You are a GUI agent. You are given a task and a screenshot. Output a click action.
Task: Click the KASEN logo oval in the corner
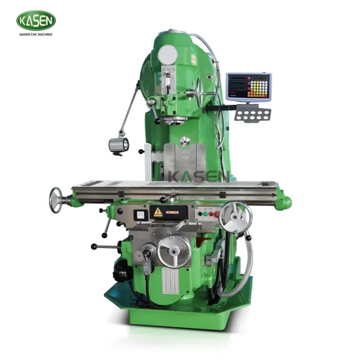point(36,20)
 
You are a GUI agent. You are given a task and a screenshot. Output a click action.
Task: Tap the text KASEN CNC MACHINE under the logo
point(36,34)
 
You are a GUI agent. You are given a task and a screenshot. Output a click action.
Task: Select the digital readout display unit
point(248,86)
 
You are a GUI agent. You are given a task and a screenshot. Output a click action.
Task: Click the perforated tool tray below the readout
point(252,114)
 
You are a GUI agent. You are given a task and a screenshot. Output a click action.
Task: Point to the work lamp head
point(118,145)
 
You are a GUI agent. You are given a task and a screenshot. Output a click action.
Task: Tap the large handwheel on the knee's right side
point(235,217)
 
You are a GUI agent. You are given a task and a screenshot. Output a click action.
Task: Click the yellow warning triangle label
point(158,212)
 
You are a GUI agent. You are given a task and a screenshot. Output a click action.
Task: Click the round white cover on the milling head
point(168,54)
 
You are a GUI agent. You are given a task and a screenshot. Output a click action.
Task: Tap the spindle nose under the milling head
point(173,120)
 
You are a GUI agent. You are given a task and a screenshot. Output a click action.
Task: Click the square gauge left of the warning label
point(139,213)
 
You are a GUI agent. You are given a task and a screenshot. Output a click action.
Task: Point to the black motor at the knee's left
point(120,269)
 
